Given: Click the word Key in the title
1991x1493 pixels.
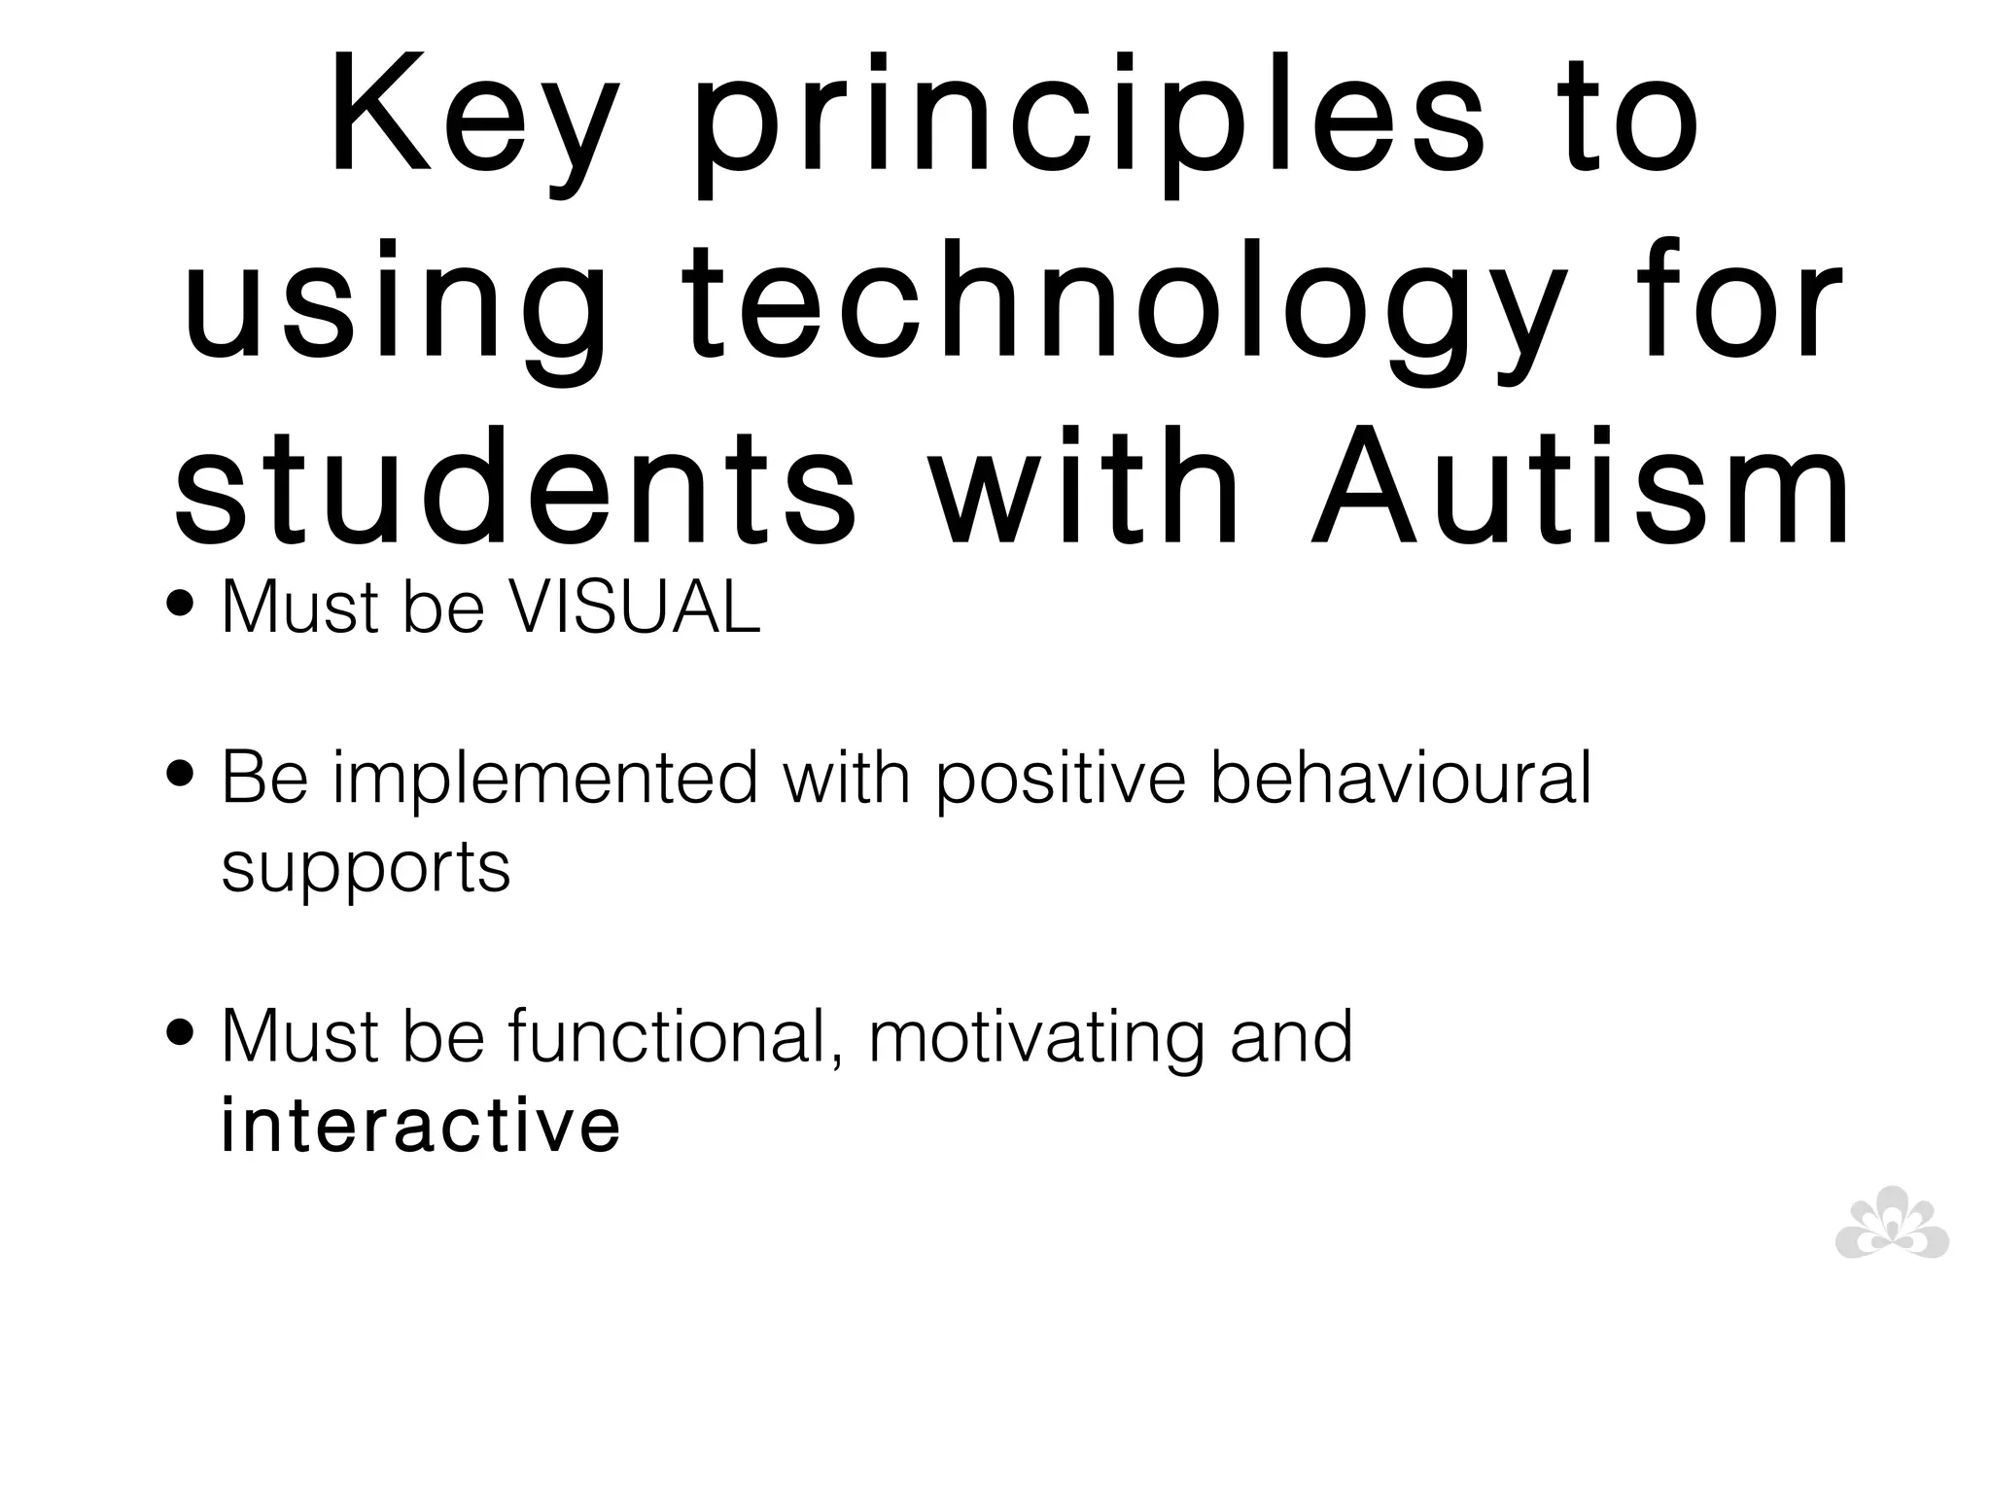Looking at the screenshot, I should pos(473,126).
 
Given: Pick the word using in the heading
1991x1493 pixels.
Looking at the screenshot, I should pos(394,311).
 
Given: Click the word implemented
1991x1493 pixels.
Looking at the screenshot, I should pos(544,780).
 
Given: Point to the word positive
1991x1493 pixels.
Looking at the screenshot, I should pos(1061,780).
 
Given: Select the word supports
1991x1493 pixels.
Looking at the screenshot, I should pos(366,868).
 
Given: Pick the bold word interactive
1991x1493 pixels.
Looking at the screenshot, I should pos(420,1126).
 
